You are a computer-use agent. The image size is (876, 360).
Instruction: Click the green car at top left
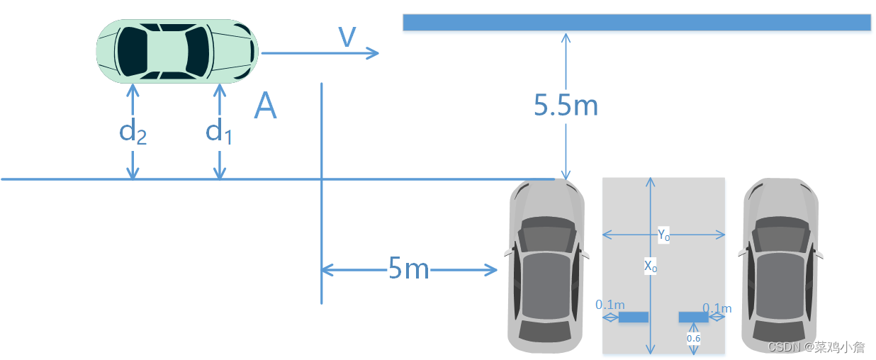177,51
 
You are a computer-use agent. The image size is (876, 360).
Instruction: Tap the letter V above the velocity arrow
347,37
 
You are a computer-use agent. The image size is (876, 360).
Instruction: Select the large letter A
265,107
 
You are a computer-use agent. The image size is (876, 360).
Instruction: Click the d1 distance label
219,132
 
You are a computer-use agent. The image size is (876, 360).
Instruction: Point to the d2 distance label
133,132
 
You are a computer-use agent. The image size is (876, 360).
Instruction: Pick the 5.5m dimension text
566,106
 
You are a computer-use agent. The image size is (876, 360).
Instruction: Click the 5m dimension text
409,269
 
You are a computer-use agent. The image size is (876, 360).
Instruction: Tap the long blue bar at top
636,22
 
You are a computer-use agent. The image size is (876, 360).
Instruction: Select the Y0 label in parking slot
663,235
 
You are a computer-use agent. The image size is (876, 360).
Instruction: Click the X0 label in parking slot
650,266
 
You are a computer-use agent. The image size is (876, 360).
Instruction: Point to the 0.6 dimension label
693,339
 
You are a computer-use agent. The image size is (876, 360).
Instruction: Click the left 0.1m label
610,305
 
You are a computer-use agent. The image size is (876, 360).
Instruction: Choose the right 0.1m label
717,308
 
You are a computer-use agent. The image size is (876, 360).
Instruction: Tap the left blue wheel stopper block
633,317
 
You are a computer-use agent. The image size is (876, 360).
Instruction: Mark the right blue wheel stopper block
693,317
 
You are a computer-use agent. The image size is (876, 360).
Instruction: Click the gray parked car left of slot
546,266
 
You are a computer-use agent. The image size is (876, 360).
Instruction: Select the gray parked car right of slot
780,266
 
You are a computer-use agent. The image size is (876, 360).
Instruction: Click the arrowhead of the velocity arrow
374,52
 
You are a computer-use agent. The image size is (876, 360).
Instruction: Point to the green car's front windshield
197,51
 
